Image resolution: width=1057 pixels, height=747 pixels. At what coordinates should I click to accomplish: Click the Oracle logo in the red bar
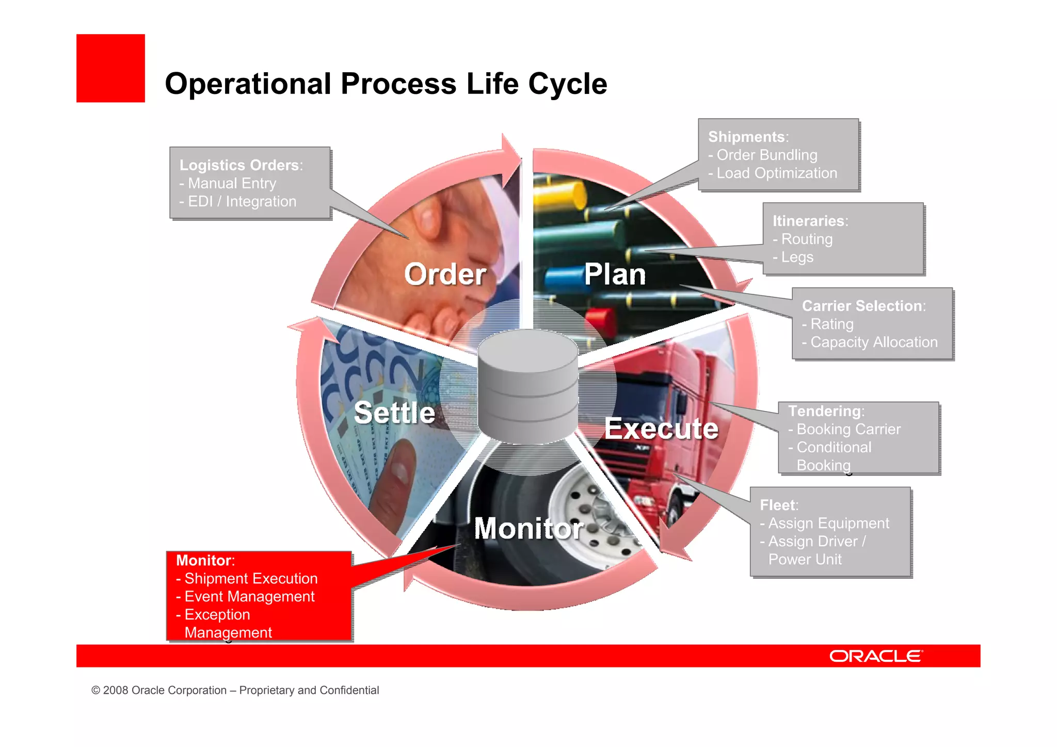[875, 656]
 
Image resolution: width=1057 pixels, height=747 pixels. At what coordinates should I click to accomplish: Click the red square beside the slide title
[110, 68]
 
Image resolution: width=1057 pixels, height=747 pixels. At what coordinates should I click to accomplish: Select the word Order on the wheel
[445, 274]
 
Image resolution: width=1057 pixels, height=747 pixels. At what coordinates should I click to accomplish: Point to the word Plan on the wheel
[615, 274]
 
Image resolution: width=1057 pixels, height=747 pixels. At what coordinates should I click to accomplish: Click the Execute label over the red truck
[661, 428]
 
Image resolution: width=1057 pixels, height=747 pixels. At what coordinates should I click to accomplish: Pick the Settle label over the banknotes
[394, 413]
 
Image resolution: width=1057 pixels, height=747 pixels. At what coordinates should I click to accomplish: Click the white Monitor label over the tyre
[528, 529]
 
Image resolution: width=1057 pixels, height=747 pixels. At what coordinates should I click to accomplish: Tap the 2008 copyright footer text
[235, 690]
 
